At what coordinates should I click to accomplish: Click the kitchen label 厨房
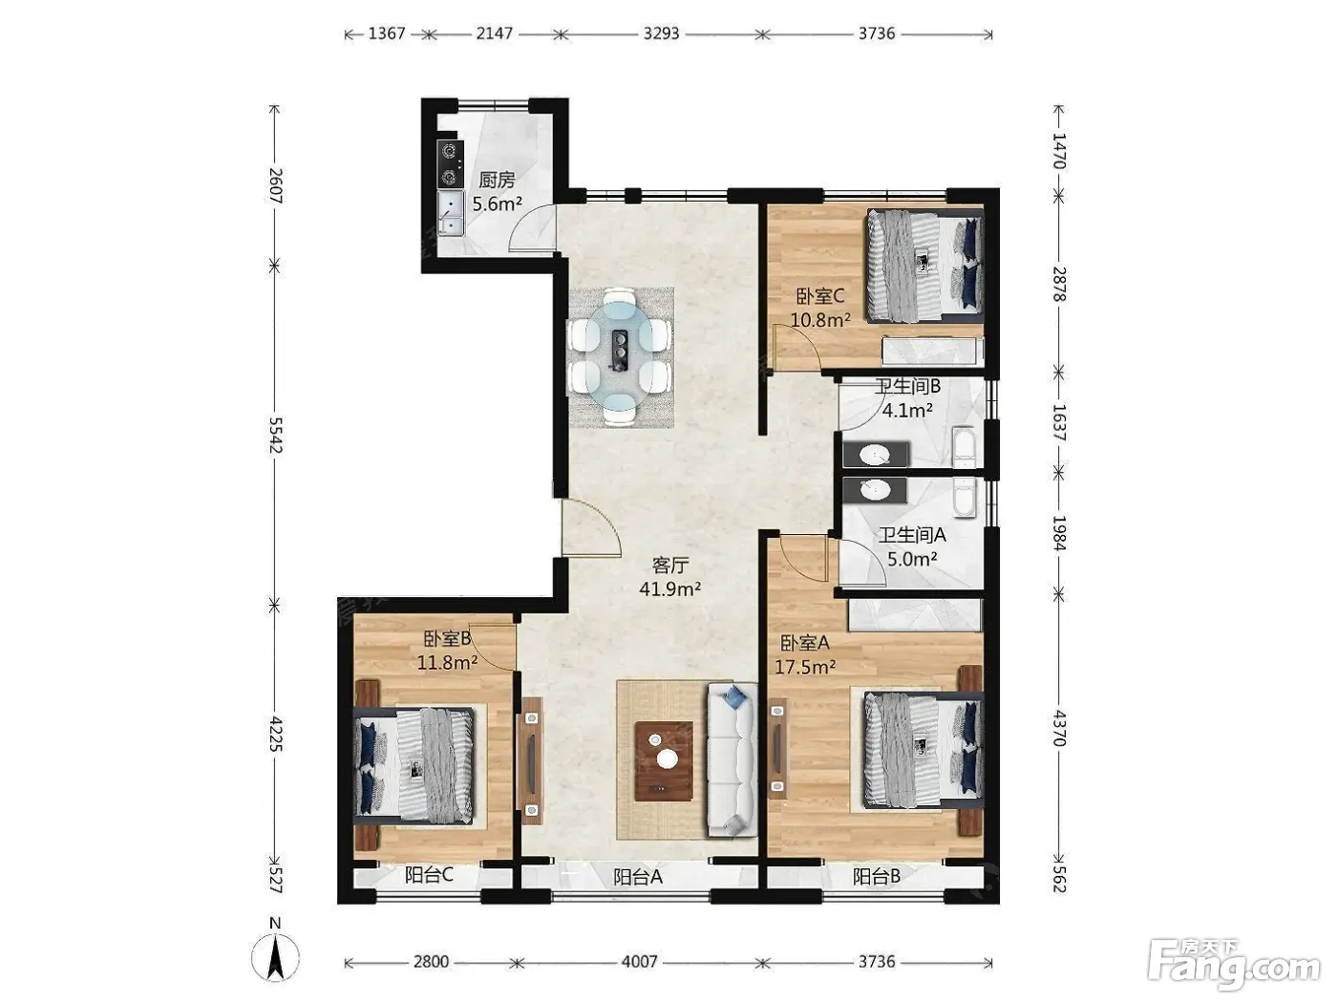tap(497, 180)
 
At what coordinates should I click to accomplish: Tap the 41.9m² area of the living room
tap(669, 589)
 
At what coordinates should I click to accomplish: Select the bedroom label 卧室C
tap(819, 297)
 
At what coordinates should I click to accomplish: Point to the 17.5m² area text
tap(805, 667)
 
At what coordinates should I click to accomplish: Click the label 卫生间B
tap(907, 386)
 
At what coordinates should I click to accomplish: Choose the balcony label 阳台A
tap(638, 876)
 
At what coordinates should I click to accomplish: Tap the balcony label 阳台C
tap(429, 875)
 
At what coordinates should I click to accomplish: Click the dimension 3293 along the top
tap(662, 33)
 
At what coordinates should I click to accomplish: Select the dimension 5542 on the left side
tap(276, 435)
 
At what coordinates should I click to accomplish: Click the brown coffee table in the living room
tap(664, 761)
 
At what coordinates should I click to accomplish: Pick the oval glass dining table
tap(621, 357)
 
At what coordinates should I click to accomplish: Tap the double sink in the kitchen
tap(450, 213)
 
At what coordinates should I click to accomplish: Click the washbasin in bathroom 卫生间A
tap(874, 490)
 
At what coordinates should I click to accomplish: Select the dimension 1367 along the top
tap(387, 33)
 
